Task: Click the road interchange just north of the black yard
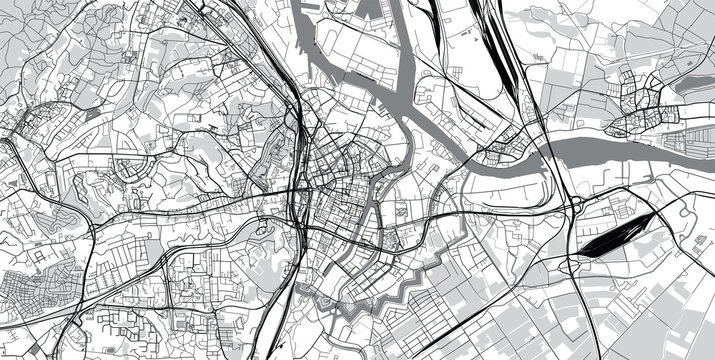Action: [x=578, y=205]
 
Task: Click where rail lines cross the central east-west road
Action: [x=300, y=190]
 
